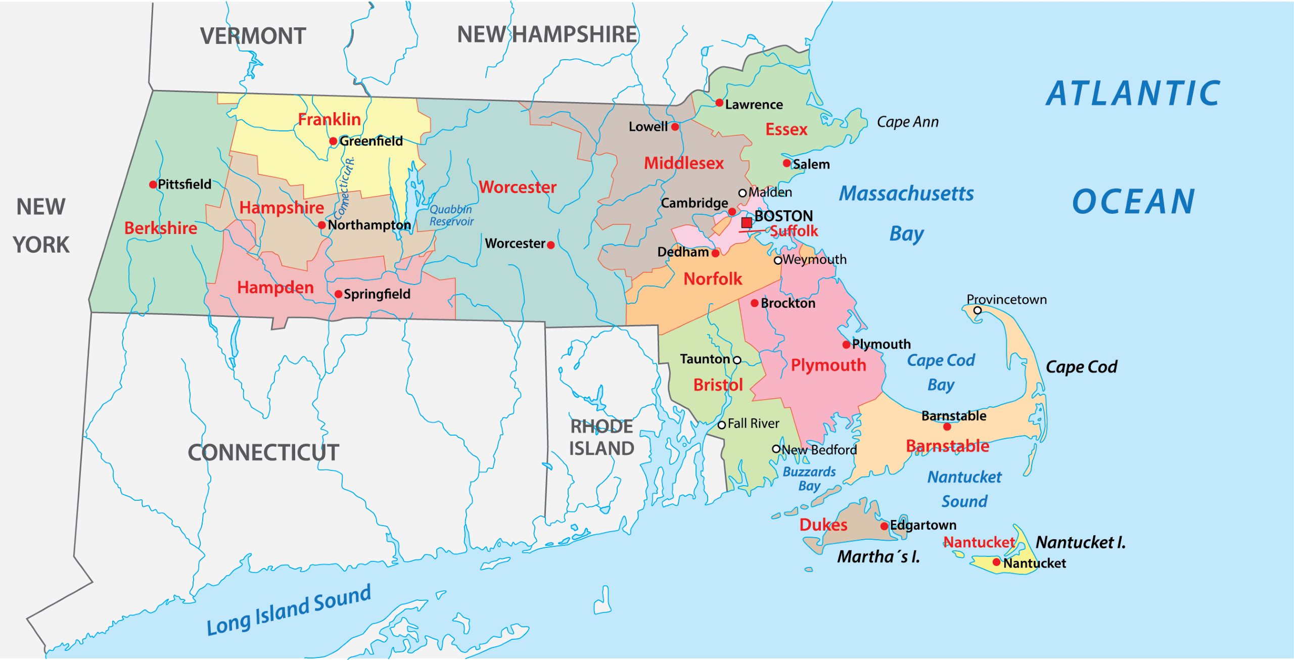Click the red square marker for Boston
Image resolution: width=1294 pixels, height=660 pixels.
point(746,223)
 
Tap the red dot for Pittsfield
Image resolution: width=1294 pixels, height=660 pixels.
point(153,185)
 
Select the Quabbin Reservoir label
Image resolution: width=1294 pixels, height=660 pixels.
point(451,215)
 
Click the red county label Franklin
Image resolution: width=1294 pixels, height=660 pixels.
point(329,120)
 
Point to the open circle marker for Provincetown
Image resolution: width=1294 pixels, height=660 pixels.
point(978,310)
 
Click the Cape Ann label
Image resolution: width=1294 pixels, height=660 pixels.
point(907,122)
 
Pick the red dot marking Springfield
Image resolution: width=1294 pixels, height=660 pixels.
point(339,294)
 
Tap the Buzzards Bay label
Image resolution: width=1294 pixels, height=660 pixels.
point(809,479)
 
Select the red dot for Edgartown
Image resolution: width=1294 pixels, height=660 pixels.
point(884,526)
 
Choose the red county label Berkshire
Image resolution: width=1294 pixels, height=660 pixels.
point(161,228)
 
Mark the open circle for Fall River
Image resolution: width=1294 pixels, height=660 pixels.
point(722,425)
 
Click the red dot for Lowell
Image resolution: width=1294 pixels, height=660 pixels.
point(675,127)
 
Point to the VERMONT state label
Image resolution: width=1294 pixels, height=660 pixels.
point(253,36)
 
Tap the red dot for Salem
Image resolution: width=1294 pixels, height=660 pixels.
point(787,163)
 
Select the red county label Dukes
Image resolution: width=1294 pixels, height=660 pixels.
point(823,525)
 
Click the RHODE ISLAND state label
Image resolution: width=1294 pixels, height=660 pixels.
point(602,438)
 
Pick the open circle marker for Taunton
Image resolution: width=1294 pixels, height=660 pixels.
point(737,360)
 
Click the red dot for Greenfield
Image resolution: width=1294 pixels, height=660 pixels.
point(333,142)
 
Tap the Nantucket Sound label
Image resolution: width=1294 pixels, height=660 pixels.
point(964,489)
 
